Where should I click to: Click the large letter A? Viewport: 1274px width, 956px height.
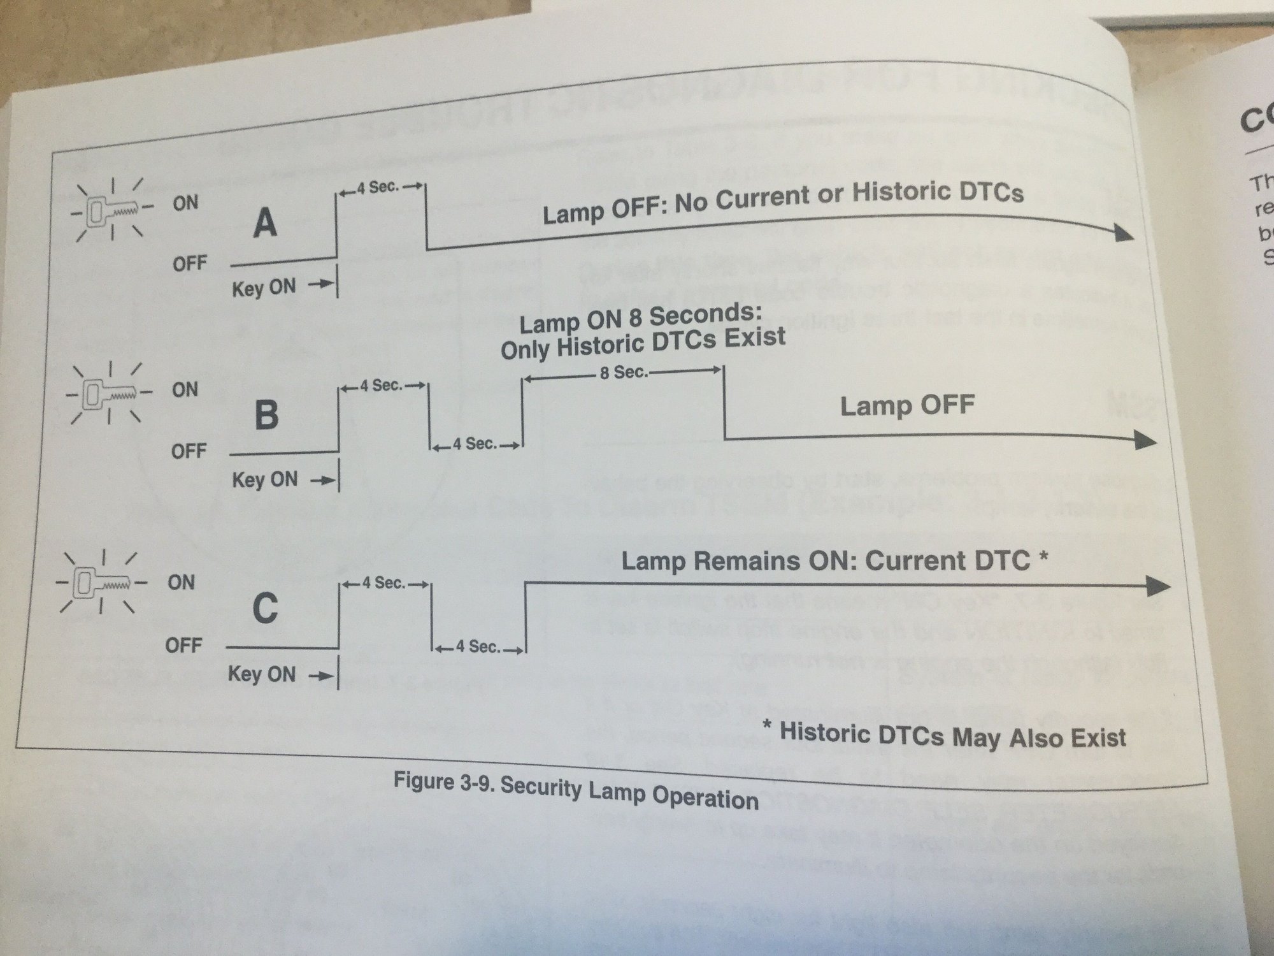(265, 223)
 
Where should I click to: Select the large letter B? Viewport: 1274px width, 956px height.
(266, 414)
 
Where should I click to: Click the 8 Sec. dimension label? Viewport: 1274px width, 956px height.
(623, 372)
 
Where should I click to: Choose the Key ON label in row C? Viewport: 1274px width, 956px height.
(262, 674)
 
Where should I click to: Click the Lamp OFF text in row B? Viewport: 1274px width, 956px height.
(906, 406)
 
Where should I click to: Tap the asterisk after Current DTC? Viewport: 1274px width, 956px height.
(1043, 558)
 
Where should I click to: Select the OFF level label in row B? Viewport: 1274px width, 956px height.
(188, 452)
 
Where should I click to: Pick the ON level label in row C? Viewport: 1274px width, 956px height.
(181, 583)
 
